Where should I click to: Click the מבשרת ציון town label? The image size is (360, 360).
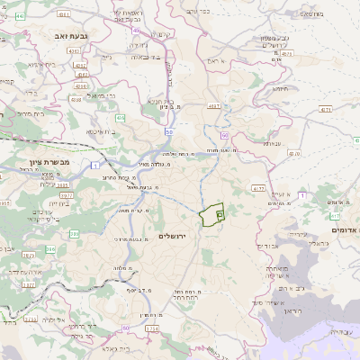point(42,163)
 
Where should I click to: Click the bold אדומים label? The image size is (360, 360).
point(343,229)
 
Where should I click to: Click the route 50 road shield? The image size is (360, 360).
point(169,132)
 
